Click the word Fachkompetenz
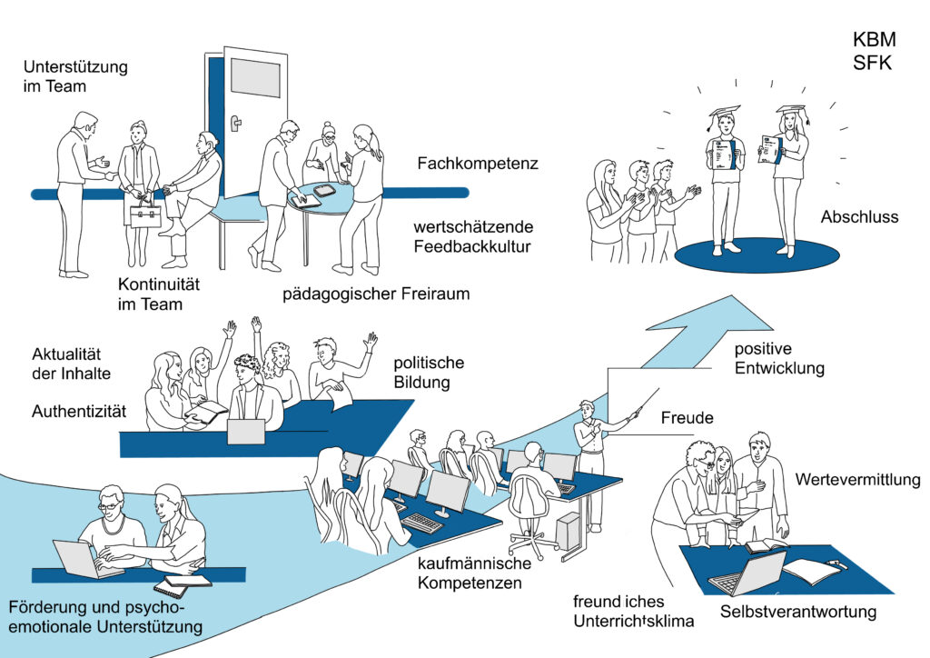478,164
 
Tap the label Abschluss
859,217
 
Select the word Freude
686,419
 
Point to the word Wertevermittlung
857,479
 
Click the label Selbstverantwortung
798,612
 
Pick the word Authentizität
78,412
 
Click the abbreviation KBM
873,41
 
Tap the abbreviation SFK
872,65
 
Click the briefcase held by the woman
145,214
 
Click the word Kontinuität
158,284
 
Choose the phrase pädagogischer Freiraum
375,294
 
